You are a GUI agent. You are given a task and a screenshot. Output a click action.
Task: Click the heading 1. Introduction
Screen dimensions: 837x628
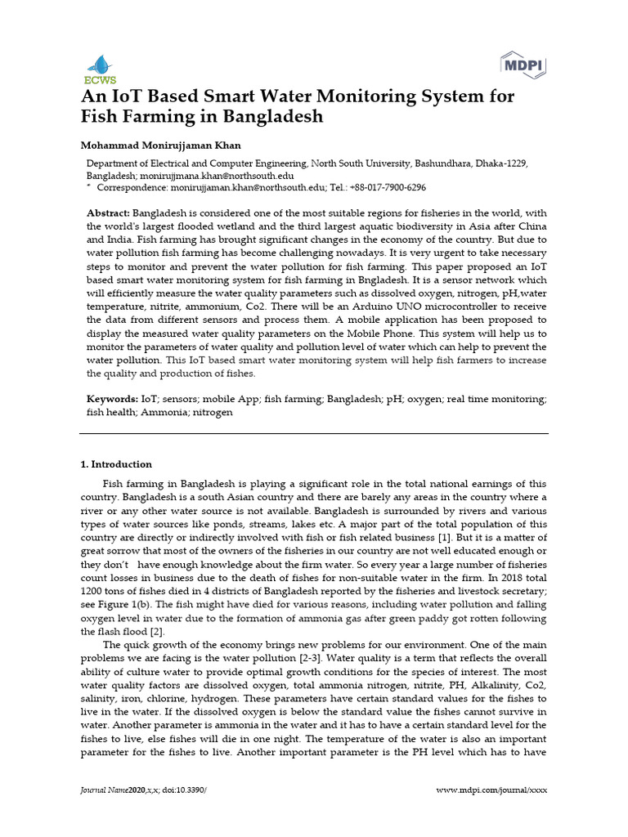tap(116, 464)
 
